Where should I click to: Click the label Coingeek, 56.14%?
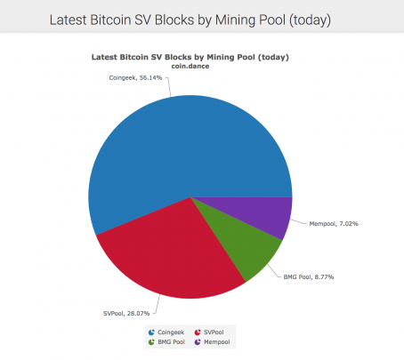point(135,78)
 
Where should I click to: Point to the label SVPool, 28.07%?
point(126,314)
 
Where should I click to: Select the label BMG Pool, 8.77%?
point(309,277)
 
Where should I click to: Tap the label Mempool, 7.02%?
point(334,224)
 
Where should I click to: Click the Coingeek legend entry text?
point(171,332)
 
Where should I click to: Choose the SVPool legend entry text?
point(214,332)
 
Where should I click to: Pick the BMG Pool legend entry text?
point(171,342)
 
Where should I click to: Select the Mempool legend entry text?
point(217,342)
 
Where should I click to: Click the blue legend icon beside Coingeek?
point(151,332)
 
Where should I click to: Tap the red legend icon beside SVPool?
point(198,332)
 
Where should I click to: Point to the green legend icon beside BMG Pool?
point(151,342)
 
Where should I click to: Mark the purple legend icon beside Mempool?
point(198,342)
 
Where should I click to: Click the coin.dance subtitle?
point(190,66)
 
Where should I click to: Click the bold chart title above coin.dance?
point(190,57)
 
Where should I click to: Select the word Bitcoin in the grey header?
point(110,20)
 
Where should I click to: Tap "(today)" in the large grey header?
point(310,20)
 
